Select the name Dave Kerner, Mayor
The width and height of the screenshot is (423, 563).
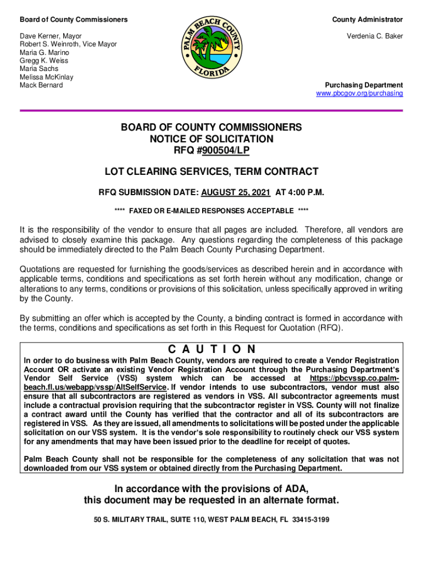51,36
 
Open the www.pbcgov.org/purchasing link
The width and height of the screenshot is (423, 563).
359,93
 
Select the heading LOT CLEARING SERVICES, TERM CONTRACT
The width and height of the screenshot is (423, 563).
211,172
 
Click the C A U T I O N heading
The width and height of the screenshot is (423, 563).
211,349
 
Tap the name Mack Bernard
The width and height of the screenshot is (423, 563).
41,85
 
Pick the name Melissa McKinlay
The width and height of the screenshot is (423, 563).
47,77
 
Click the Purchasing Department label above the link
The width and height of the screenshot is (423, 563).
364,85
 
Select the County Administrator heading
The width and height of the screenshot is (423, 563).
367,20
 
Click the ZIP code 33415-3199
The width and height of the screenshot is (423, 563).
310,518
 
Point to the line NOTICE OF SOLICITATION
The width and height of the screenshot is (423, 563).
211,139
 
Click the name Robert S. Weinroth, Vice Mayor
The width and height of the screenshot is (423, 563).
68,45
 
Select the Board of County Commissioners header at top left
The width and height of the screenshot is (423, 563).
74,20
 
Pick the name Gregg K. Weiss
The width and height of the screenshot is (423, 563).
44,61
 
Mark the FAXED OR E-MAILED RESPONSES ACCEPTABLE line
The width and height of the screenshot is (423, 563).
211,211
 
